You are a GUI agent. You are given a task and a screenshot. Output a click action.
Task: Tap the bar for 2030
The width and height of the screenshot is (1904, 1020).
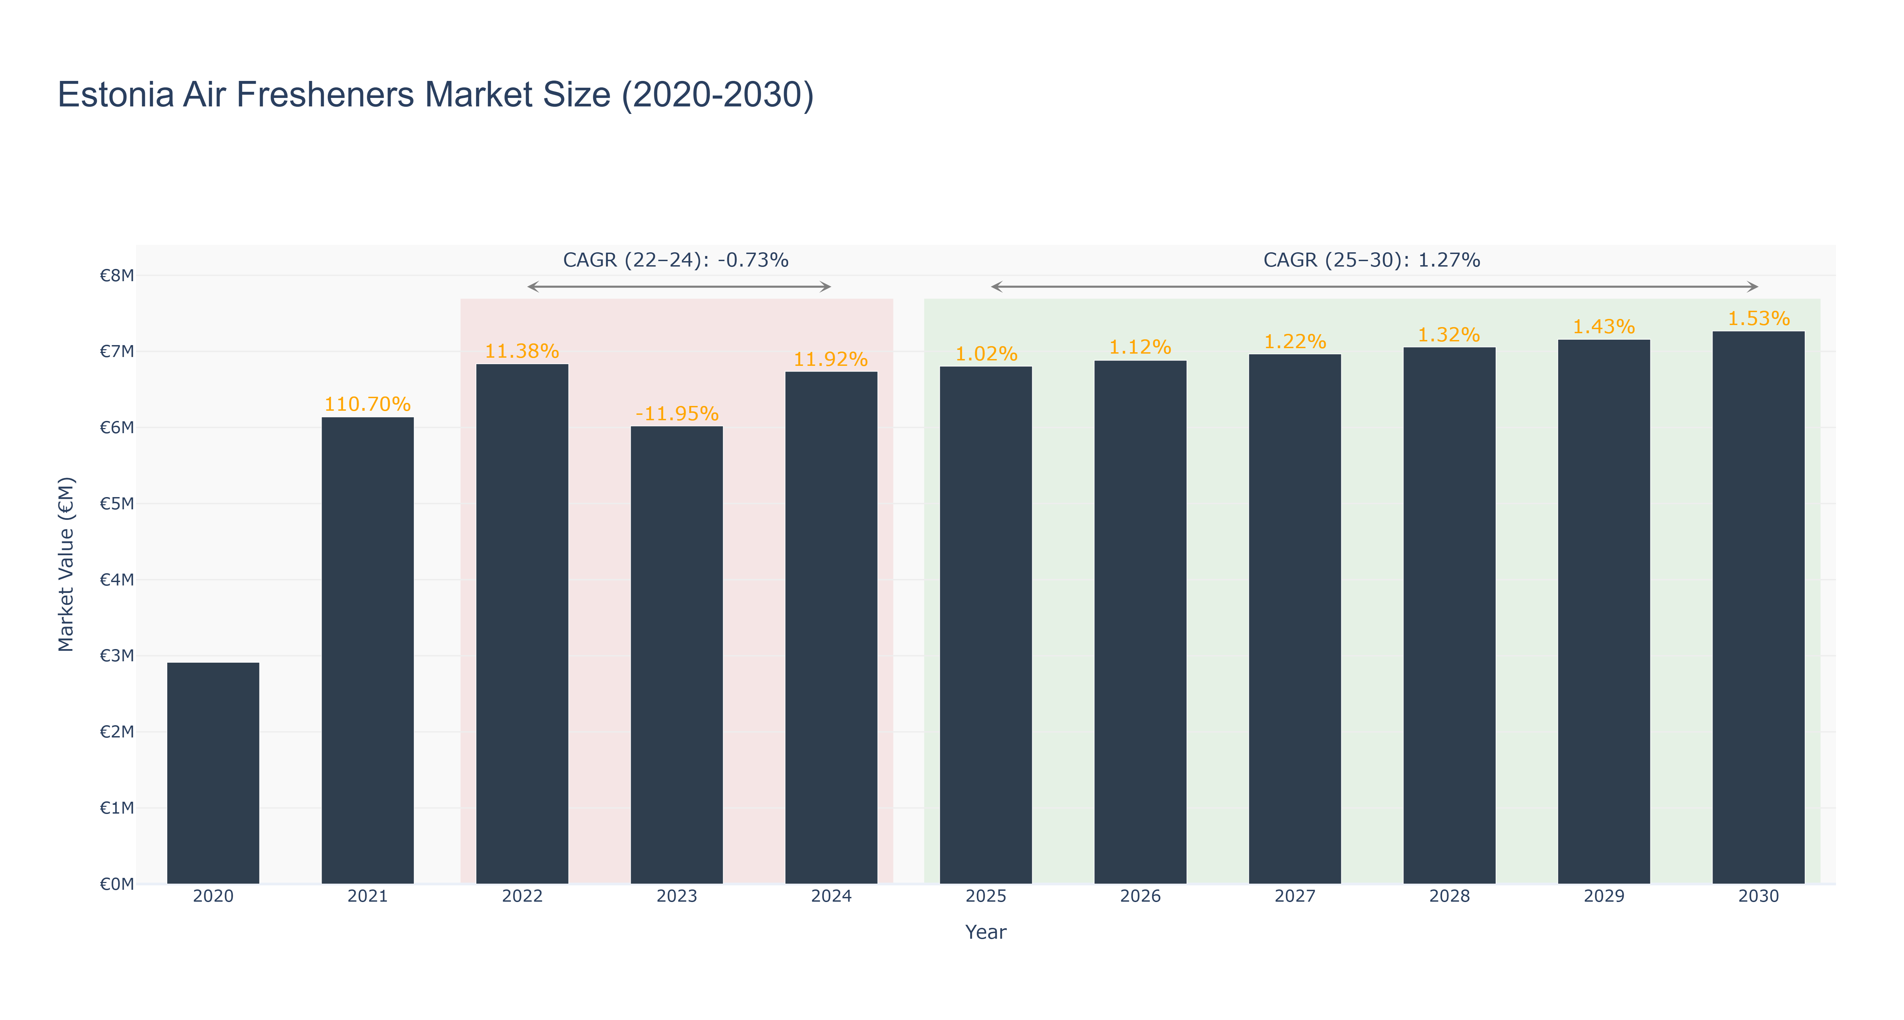(1758, 608)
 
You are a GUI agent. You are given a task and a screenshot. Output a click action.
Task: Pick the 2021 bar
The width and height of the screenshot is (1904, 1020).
(367, 650)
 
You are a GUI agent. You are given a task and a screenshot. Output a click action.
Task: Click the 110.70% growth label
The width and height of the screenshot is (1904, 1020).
(367, 404)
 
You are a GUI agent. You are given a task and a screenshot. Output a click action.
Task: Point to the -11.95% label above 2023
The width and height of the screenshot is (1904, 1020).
(677, 414)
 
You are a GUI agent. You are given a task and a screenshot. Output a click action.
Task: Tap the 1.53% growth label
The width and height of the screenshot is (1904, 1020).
(1758, 319)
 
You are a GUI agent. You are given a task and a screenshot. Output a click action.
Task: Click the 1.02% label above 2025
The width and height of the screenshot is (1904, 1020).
(986, 354)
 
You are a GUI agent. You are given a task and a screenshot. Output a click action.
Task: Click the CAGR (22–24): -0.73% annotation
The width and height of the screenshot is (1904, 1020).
(676, 260)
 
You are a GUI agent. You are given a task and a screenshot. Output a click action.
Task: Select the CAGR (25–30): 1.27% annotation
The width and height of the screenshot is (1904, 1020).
(1372, 260)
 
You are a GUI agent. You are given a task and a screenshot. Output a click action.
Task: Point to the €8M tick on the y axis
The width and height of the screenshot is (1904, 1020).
(117, 276)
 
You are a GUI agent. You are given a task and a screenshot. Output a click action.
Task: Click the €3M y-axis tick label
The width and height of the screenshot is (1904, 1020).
(117, 656)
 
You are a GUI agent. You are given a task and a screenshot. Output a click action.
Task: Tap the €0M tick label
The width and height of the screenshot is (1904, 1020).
(117, 884)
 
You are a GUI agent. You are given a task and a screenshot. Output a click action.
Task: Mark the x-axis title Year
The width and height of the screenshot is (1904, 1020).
(986, 932)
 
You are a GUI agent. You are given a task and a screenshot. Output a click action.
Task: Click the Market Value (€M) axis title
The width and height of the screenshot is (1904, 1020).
(67, 564)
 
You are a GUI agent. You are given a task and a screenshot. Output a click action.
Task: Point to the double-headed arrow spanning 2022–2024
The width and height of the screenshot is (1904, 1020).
(679, 287)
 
